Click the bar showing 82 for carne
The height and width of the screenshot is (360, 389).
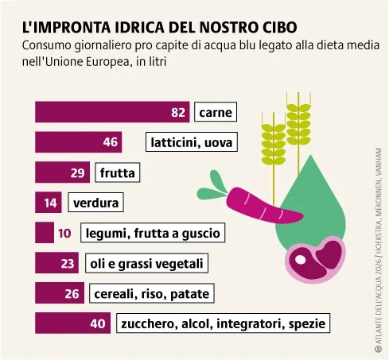point(111,112)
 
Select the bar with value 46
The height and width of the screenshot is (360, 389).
point(78,142)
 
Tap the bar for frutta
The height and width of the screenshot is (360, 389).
point(63,172)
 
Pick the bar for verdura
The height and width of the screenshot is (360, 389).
point(49,203)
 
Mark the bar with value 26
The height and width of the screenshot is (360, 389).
point(60,293)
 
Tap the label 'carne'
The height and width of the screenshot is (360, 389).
point(216,112)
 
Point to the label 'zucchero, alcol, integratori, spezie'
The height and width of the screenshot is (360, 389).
point(223,323)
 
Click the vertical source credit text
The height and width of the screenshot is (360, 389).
point(377,262)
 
